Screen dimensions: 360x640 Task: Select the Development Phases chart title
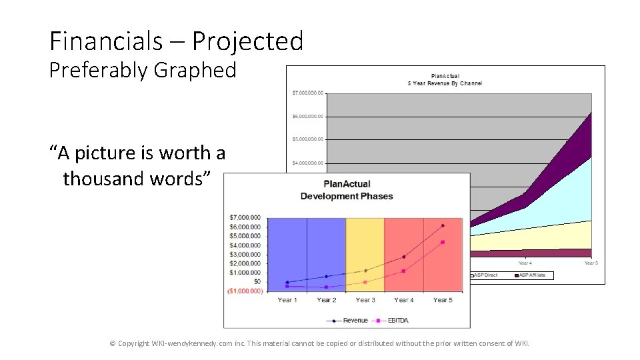347,196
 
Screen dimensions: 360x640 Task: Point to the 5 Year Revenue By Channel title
445,83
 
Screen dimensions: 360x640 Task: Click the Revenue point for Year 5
443,225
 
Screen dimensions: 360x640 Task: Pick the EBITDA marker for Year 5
443,242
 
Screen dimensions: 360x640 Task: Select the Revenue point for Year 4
404,257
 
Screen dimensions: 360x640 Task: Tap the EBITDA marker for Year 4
404,271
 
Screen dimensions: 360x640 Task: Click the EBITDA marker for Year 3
365,282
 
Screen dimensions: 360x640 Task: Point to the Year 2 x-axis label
326,300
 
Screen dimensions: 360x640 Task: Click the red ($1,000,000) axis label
245,291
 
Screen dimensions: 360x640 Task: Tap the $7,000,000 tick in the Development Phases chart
245,217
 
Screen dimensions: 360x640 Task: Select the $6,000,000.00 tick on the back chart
307,116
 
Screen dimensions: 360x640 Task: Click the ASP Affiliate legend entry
532,275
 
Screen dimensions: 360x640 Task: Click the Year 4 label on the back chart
525,263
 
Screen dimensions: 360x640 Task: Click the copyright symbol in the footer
113,343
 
